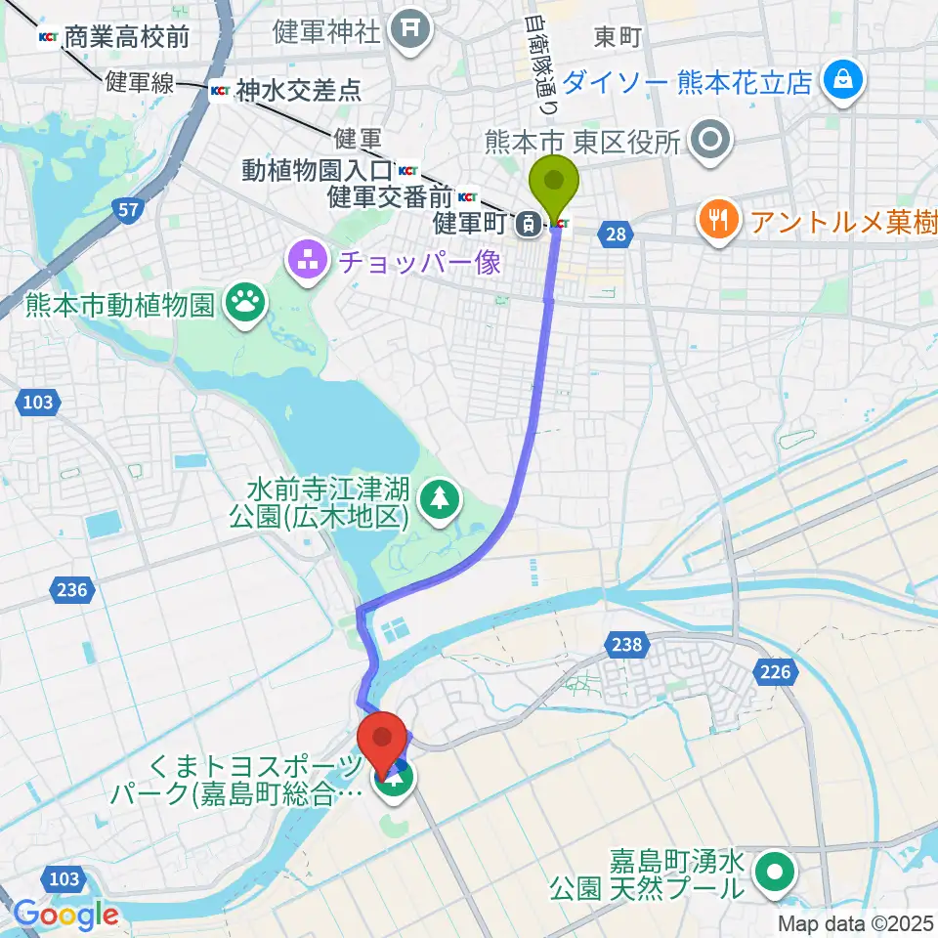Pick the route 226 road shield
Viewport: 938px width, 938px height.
tap(778, 671)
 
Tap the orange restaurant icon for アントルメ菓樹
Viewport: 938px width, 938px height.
tap(719, 220)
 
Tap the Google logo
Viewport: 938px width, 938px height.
tap(65, 915)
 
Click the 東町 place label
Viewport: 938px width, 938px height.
tap(617, 37)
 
